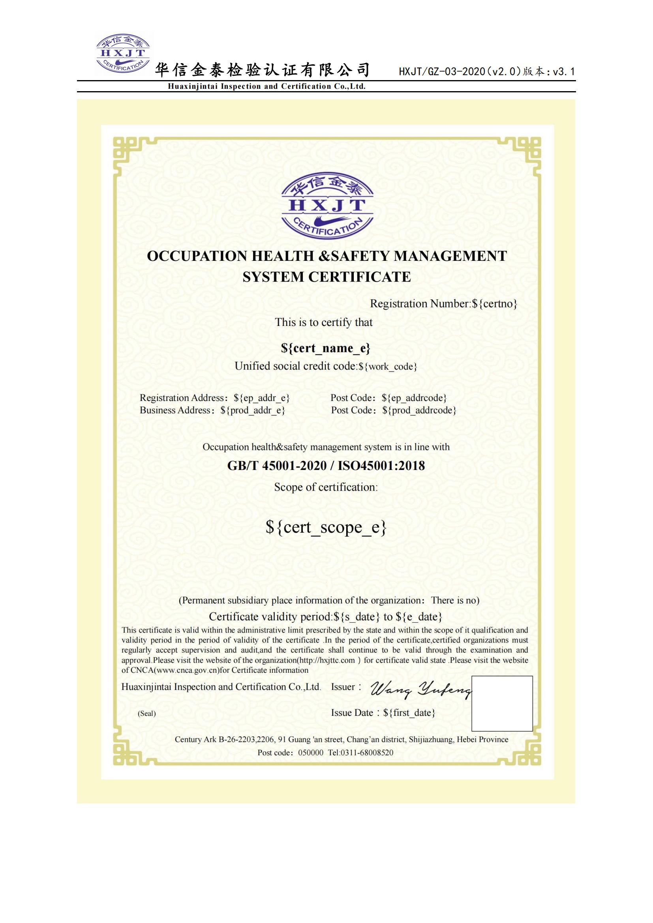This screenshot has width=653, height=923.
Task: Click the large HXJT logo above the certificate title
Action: (x=327, y=208)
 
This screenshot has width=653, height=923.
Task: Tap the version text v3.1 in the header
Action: (x=564, y=72)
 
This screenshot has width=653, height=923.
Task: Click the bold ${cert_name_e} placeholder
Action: (x=326, y=348)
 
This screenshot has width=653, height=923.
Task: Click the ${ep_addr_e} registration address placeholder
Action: (x=262, y=398)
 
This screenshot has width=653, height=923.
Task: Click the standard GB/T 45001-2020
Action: (x=277, y=466)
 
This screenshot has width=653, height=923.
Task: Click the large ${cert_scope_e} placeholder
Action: (x=326, y=527)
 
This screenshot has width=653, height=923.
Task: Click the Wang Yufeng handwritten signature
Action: (x=419, y=690)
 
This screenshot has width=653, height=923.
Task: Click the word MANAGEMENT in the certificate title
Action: (x=450, y=256)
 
